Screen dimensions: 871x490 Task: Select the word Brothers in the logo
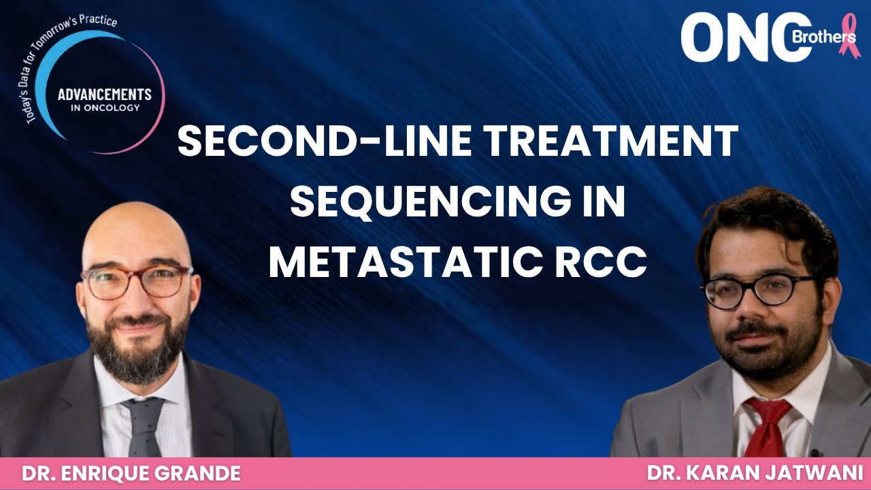pyautogui.click(x=823, y=37)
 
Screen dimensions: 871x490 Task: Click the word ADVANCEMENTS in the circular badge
pyautogui.click(x=105, y=95)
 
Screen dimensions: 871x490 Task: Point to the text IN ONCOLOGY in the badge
pyautogui.click(x=105, y=108)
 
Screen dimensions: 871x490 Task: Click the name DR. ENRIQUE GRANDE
pyautogui.click(x=131, y=474)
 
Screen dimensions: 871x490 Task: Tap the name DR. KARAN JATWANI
pyautogui.click(x=753, y=474)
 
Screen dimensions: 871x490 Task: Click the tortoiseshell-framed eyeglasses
pyautogui.click(x=136, y=281)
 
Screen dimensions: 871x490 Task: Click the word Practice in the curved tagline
pyautogui.click(x=98, y=20)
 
